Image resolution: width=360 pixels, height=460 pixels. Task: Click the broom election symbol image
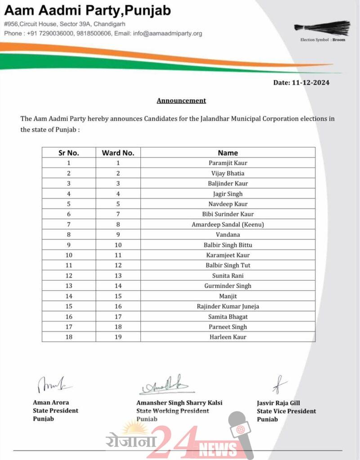322,28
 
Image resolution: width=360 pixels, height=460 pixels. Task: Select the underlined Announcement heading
181,101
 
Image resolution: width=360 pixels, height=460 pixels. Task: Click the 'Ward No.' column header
118,153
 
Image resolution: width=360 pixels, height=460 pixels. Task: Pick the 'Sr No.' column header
69,153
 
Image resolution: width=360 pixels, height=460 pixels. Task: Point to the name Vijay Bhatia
228,173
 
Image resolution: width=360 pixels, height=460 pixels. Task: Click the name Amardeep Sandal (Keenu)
228,225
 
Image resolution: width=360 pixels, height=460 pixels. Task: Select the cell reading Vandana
228,234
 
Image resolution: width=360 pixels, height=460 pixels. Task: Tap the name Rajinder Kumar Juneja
228,306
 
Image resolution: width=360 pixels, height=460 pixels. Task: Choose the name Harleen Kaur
228,337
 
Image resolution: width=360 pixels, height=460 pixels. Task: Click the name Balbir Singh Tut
228,265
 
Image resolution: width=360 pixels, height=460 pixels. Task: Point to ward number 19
118,337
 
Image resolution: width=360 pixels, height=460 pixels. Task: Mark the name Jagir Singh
228,194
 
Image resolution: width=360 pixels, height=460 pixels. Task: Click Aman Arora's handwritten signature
52,385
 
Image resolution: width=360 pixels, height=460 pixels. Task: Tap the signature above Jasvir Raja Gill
279,385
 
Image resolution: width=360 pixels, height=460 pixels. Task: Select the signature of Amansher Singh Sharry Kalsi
165,385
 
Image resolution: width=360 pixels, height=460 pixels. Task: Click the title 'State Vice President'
286,411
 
